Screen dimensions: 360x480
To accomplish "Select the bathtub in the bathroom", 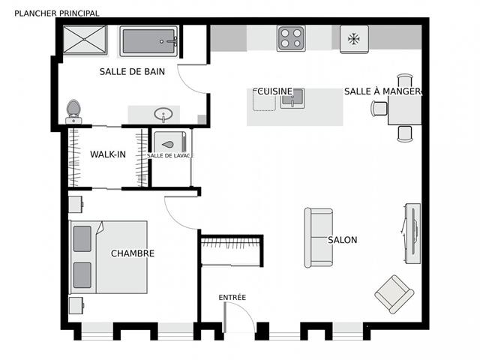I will click(149, 42).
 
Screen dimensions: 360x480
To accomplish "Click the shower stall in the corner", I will click(85, 41).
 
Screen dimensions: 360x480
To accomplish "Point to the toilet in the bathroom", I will click(73, 110).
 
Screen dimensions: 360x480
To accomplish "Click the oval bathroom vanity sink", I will click(163, 115).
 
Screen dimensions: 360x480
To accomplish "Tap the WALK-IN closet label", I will click(108, 154).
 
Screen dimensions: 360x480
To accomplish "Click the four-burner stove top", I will click(291, 38).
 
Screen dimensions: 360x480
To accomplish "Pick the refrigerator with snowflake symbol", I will click(354, 38).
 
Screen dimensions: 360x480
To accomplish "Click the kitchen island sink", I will click(292, 98).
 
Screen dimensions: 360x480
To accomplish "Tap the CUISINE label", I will click(274, 91).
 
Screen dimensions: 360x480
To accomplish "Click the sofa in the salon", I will click(317, 238).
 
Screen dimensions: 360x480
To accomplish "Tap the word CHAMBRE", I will click(133, 253).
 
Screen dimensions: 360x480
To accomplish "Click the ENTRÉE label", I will click(232, 298).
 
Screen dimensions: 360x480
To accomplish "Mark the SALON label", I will click(342, 240).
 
